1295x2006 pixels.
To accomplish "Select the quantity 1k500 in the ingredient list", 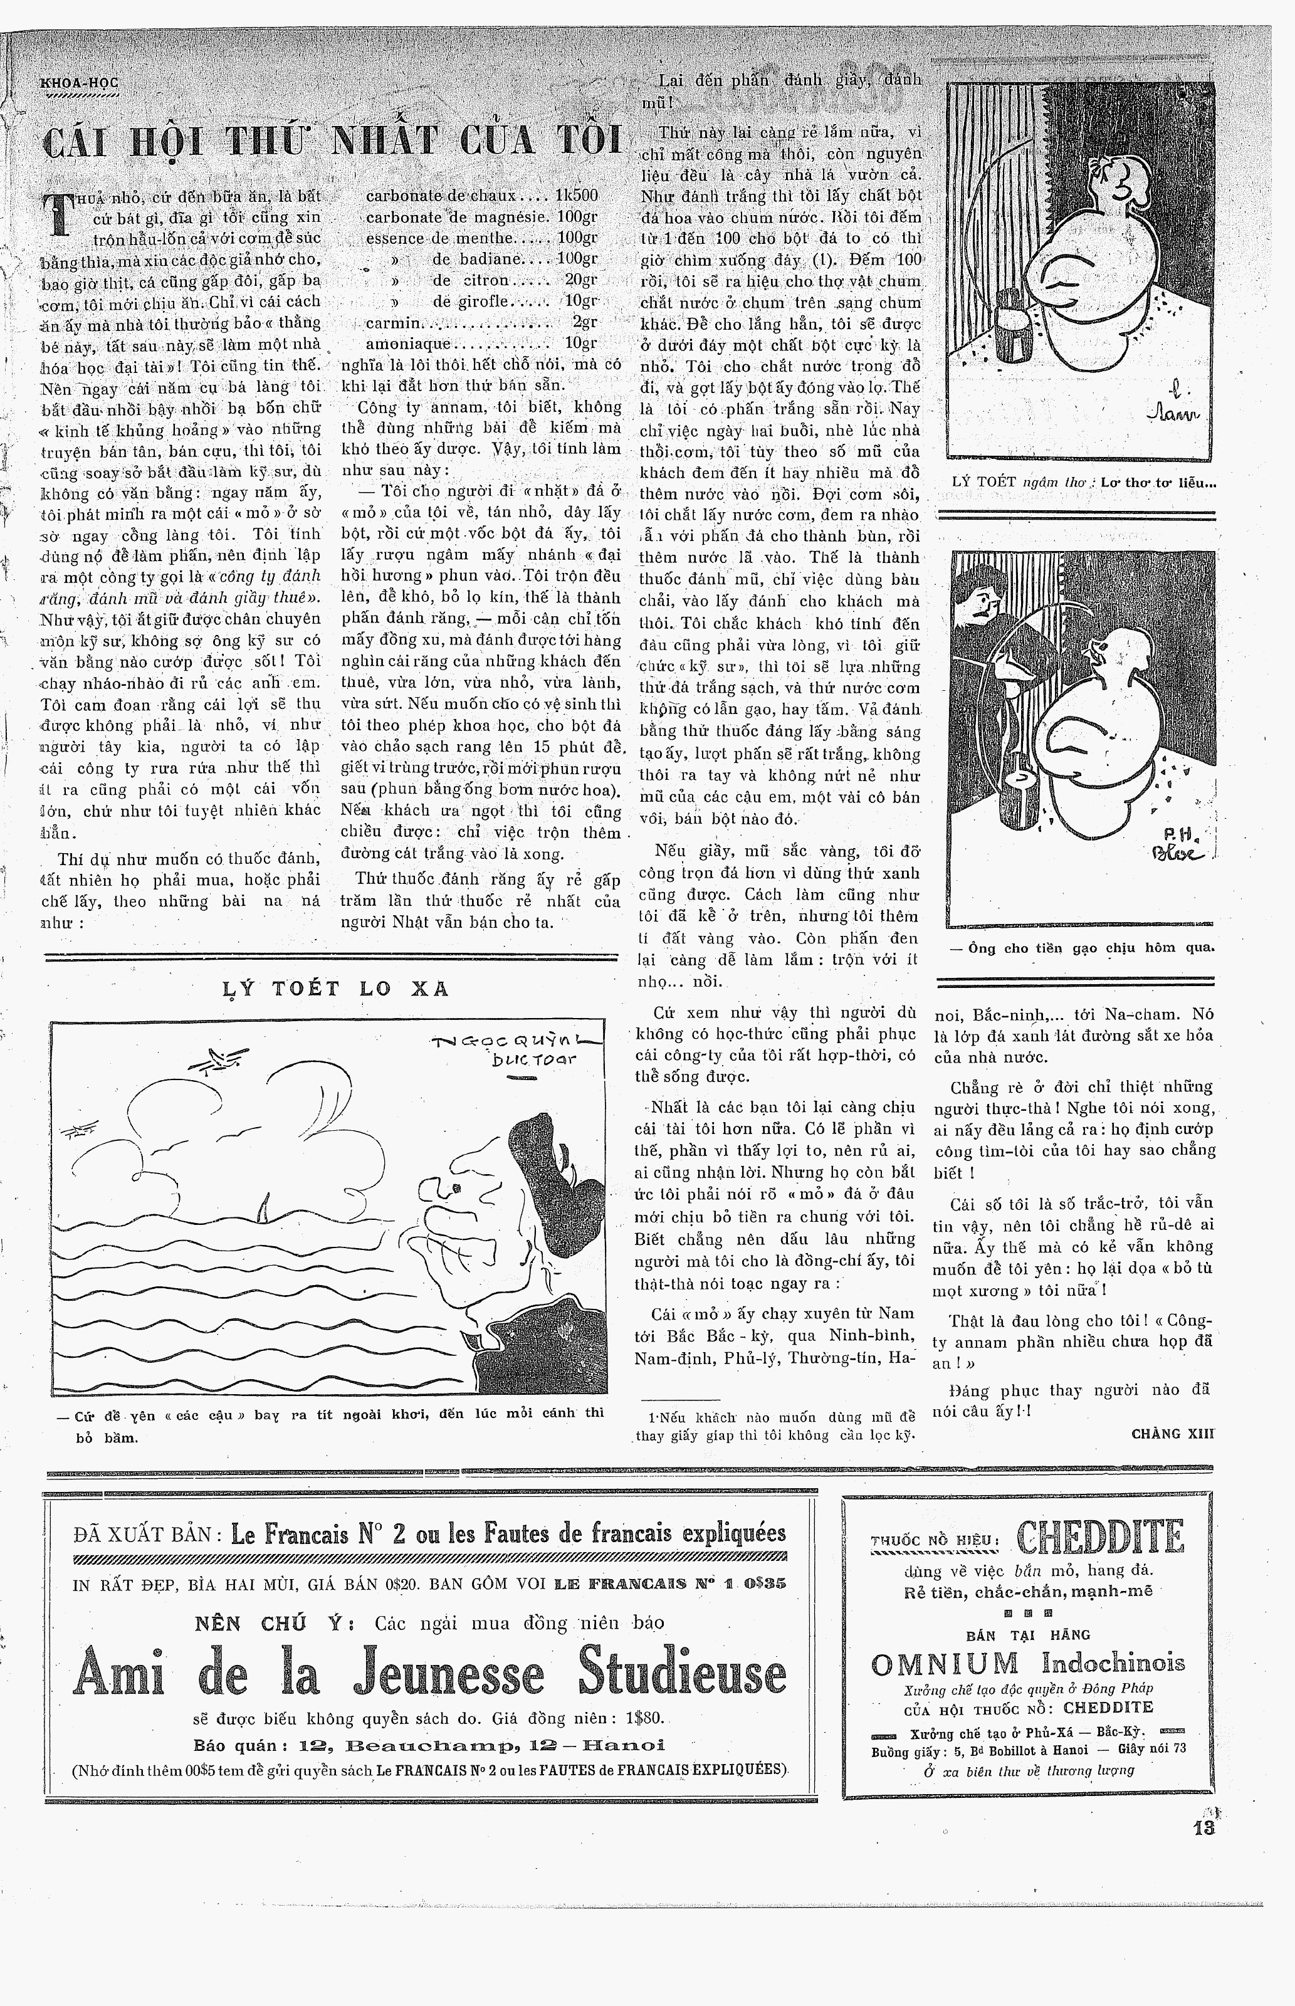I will coord(576,195).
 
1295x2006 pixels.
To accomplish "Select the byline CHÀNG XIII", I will coord(1173,1434).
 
